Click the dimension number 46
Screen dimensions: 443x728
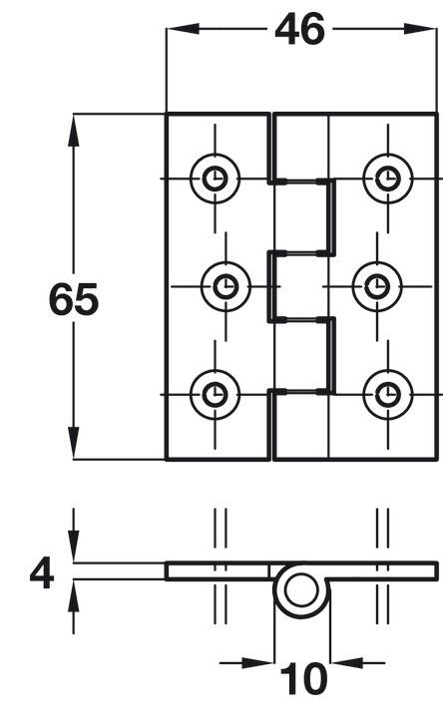tap(299, 29)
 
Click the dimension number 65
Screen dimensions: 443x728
tap(74, 299)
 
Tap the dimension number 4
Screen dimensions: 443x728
tap(42, 573)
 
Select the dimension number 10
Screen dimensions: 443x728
tap(303, 678)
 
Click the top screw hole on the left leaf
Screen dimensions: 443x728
tap(215, 179)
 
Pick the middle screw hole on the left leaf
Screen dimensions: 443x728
tap(225, 286)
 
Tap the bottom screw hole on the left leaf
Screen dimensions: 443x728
tap(215, 395)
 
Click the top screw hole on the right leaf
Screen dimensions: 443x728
tap(388, 179)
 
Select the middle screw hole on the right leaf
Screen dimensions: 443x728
tap(377, 286)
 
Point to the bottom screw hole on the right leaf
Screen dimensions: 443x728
tap(388, 395)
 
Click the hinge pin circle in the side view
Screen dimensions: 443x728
tap(302, 589)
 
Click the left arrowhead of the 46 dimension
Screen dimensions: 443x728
tap(183, 29)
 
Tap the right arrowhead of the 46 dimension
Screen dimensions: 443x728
tap(420, 29)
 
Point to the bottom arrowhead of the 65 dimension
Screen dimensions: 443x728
tap(74, 443)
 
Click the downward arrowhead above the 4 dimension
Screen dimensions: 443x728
tap(74, 546)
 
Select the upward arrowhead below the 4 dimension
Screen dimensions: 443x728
tap(74, 595)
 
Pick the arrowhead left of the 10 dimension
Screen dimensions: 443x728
tap(257, 662)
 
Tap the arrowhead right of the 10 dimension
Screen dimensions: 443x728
tap(346, 662)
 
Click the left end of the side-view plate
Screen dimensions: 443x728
tap(167, 571)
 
